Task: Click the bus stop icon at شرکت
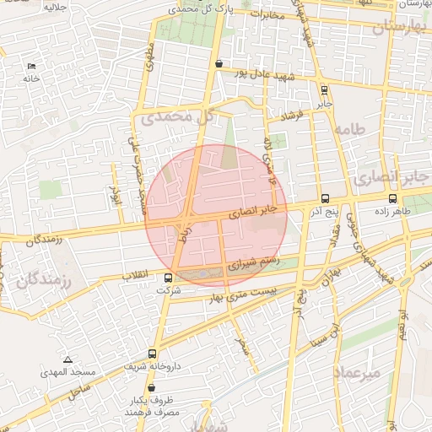169,278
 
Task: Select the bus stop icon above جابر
325,90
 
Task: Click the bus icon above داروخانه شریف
152,354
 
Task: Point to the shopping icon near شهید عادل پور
219,63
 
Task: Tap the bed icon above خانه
32,66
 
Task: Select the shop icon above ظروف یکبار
151,387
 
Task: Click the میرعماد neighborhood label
358,372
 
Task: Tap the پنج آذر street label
321,204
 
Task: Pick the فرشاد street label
301,112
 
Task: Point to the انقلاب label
136,276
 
